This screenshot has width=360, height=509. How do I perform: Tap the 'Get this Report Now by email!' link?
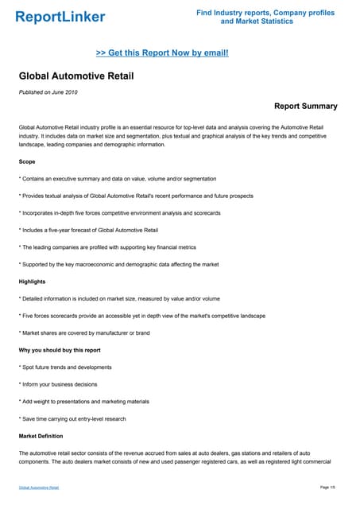162,52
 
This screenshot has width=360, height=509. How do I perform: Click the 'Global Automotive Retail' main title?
76,76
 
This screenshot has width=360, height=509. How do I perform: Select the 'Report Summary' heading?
305,106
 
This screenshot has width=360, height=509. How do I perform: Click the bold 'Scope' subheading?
27,161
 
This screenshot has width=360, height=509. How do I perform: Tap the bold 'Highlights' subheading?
33,281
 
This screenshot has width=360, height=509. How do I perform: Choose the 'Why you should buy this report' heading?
60,350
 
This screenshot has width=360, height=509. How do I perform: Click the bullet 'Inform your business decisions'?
60,384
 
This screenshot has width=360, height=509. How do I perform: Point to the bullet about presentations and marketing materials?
84,402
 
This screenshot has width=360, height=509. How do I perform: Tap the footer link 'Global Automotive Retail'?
39,487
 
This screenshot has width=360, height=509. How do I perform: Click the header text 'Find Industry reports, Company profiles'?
265,13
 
